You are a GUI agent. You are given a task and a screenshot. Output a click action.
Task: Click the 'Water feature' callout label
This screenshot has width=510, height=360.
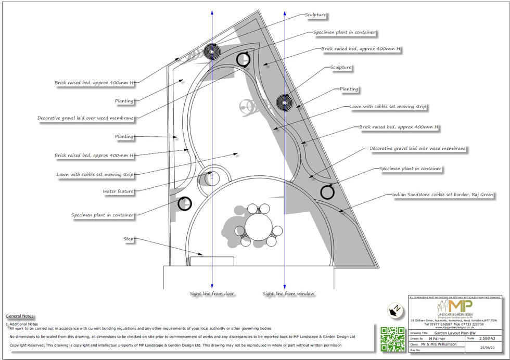(118, 192)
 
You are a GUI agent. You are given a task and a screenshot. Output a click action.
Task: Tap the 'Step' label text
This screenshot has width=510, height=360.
(129, 239)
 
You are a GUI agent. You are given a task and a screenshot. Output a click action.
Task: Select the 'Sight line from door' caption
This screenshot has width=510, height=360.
(212, 294)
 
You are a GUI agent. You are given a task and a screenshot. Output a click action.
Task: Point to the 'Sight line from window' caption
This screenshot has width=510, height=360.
(288, 294)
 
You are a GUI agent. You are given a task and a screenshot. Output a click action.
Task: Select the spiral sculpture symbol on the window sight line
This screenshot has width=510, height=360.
(285, 101)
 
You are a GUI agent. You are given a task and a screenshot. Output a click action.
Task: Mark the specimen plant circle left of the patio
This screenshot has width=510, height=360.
(184, 203)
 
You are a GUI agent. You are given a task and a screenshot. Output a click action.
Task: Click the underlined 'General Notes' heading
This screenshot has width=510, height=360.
(20, 316)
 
